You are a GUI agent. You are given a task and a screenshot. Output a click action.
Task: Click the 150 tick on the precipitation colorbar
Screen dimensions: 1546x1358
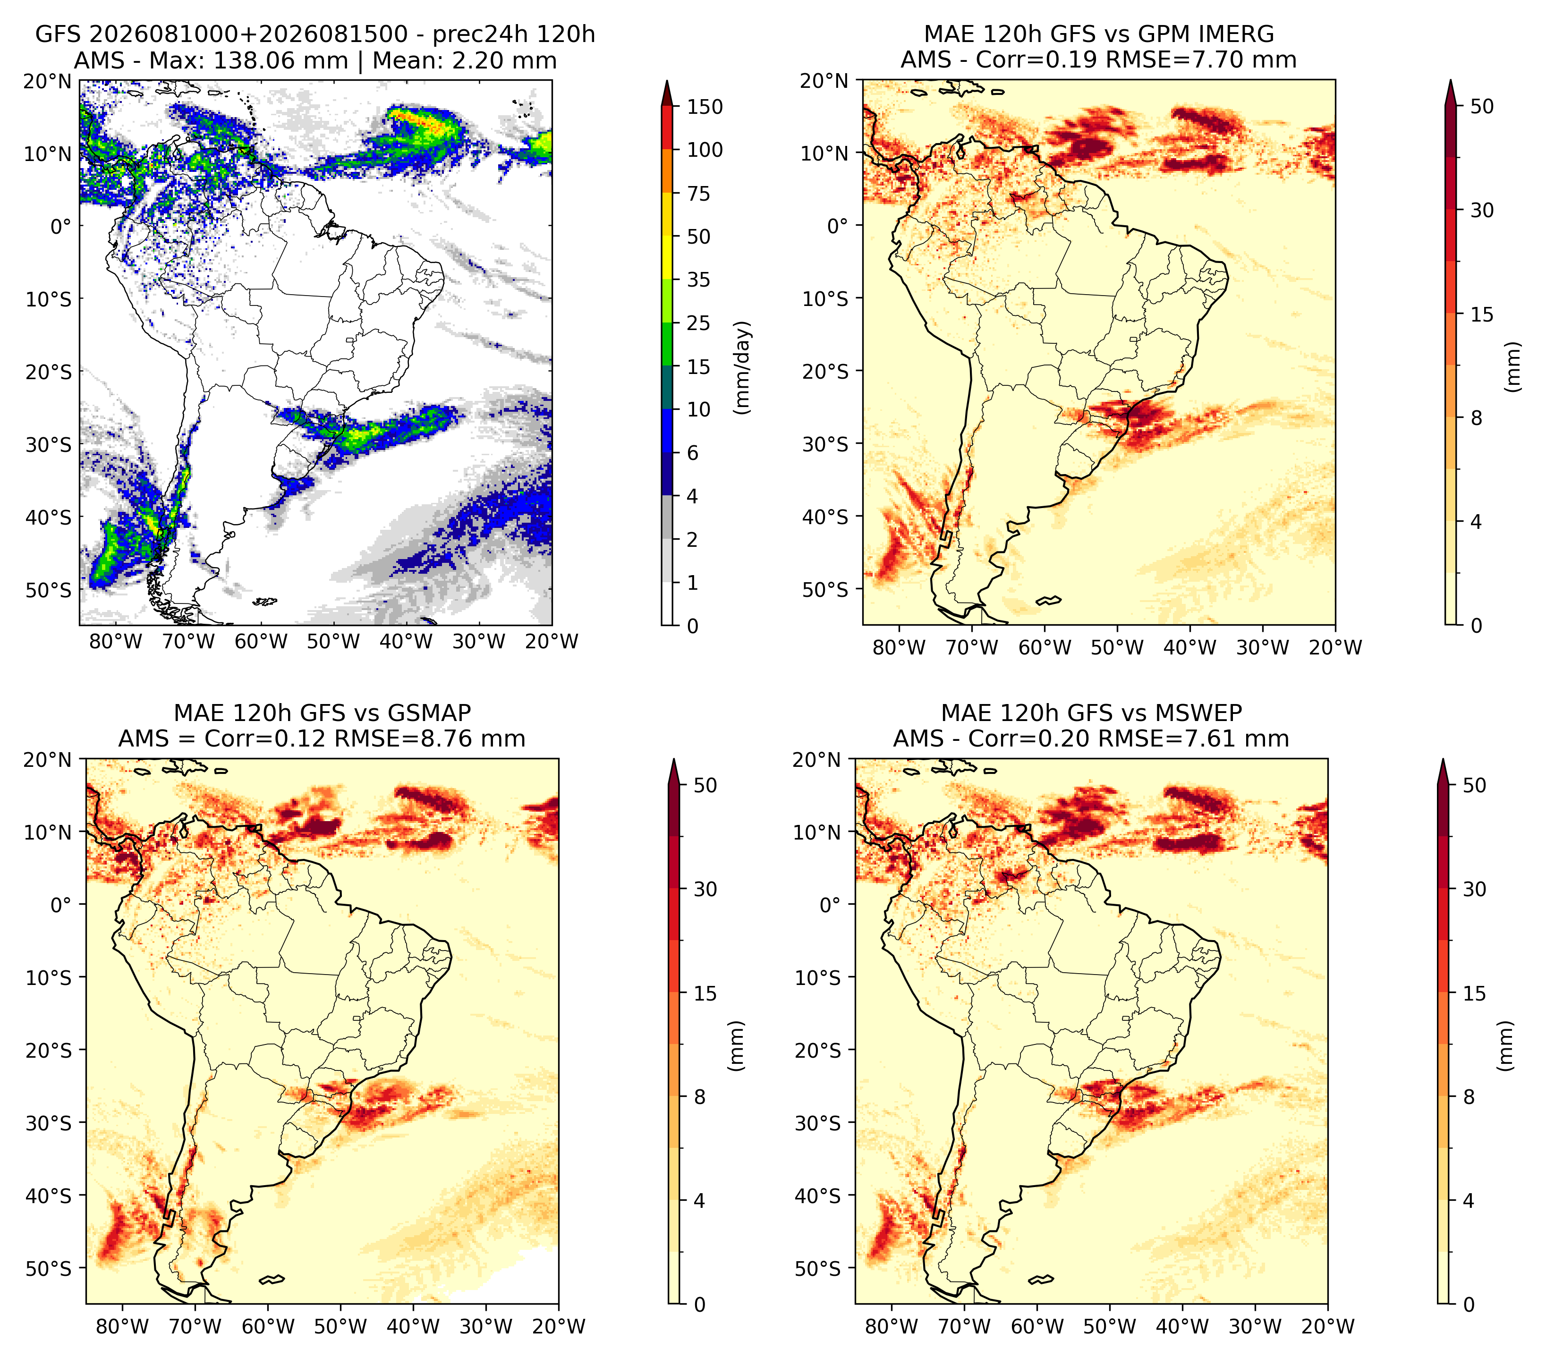pos(704,107)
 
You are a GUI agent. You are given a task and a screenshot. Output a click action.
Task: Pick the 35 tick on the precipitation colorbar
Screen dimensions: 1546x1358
pos(698,280)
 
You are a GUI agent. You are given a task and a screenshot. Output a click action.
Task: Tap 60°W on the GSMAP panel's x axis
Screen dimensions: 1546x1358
pos(268,1326)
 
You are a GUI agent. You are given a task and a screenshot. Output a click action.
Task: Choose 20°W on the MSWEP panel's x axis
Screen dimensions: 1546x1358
pos(1327,1326)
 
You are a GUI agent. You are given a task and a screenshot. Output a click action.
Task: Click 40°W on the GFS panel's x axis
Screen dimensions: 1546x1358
pos(406,641)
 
